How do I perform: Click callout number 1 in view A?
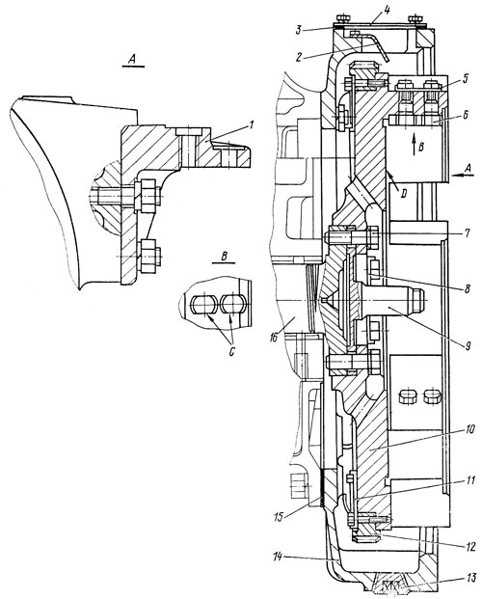(x=251, y=124)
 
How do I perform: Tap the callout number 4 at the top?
(x=387, y=9)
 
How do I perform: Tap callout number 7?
(x=467, y=232)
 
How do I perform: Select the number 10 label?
(x=469, y=429)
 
